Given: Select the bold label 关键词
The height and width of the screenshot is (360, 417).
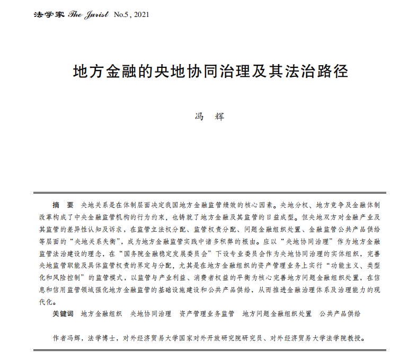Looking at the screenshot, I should point(63,314).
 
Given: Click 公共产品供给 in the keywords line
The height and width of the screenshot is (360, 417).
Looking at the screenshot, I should point(340,314).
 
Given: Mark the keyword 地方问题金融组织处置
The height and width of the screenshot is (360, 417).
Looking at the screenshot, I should point(277,314).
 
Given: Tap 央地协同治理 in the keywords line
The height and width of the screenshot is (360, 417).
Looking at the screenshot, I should point(151,314).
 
